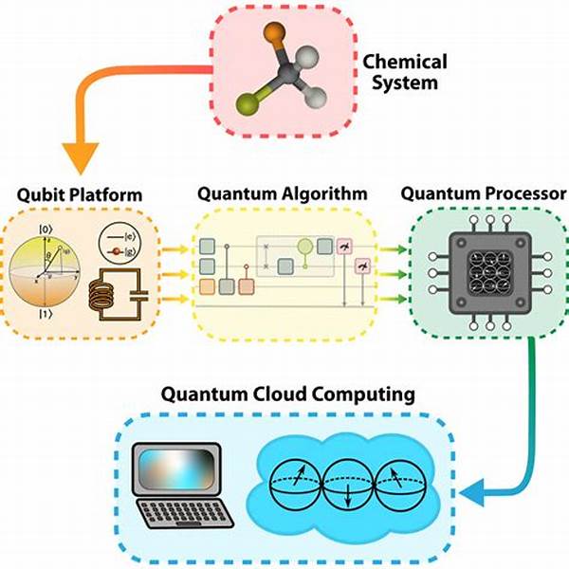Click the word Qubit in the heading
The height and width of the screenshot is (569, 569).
[39, 195]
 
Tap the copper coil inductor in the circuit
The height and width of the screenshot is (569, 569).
[107, 298]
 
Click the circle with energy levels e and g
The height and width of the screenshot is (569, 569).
[119, 246]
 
